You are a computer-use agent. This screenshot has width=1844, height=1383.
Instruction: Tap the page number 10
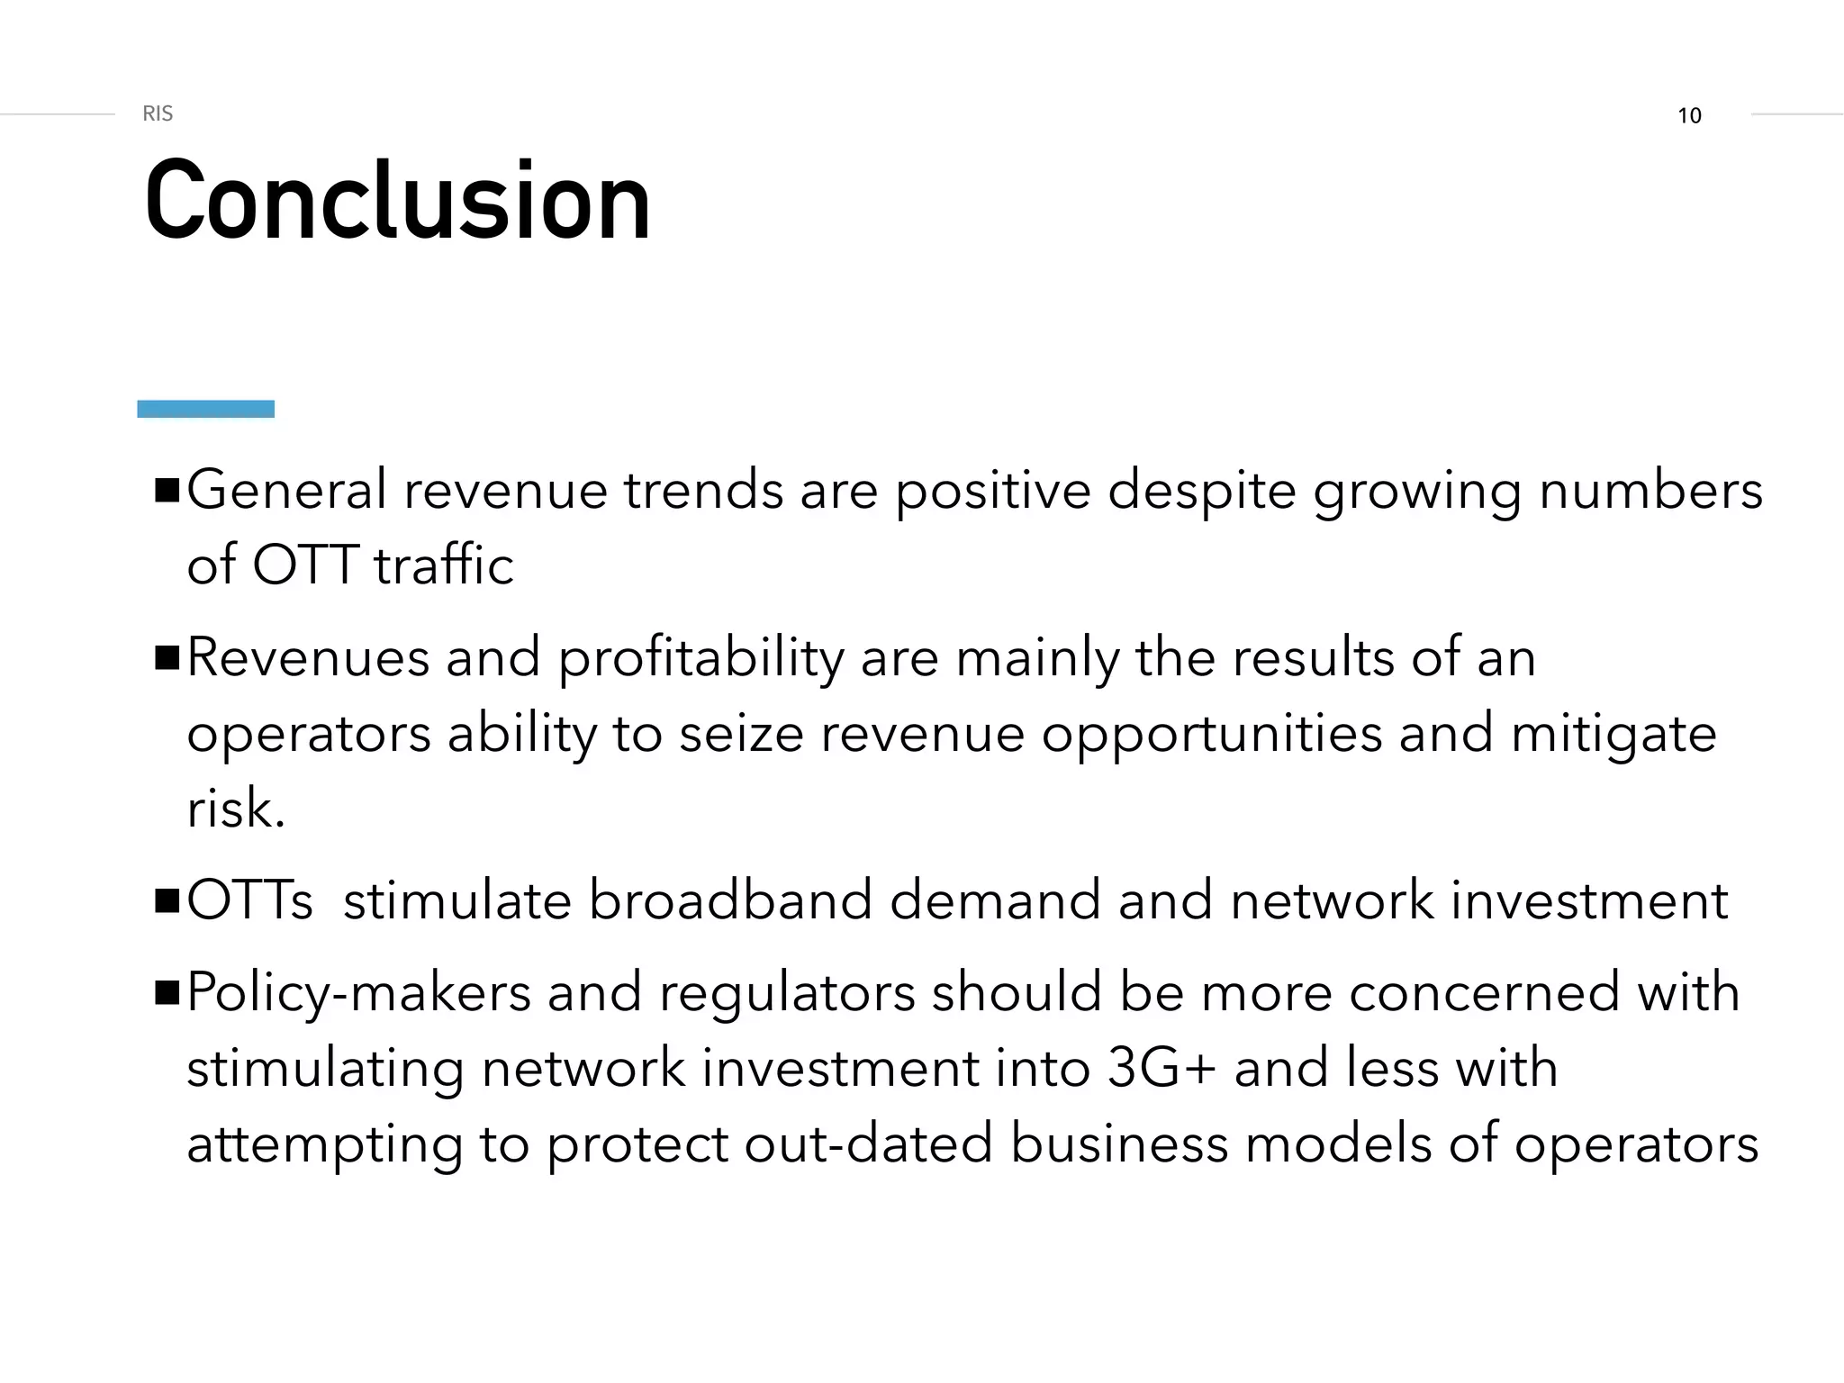point(1689,116)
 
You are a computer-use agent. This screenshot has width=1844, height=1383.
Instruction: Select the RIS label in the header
point(158,113)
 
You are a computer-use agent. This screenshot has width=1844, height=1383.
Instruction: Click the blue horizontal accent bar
point(205,409)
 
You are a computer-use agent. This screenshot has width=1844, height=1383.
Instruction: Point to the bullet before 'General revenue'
point(167,492)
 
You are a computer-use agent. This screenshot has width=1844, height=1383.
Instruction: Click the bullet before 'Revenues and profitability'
point(167,658)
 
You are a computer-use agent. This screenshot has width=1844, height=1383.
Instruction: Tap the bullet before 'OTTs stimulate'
point(167,901)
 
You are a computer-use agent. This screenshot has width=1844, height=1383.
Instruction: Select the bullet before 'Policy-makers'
point(167,993)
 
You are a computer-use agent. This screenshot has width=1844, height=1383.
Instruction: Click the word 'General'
point(286,491)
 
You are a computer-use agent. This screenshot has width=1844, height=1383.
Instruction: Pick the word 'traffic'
point(444,565)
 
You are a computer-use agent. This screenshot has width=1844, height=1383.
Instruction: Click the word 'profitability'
point(701,659)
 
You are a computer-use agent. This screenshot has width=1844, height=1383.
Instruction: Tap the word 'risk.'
point(236,809)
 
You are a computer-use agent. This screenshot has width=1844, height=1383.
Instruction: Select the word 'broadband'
point(730,900)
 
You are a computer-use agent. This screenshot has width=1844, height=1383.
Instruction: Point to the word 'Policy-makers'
point(358,993)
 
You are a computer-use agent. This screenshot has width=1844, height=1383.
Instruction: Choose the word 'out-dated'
point(868,1144)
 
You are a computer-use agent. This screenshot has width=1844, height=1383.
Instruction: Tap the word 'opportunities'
point(1211,735)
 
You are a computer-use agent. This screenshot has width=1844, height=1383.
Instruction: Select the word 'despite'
point(1201,493)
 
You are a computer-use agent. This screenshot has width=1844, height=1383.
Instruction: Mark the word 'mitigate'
point(1613,735)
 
